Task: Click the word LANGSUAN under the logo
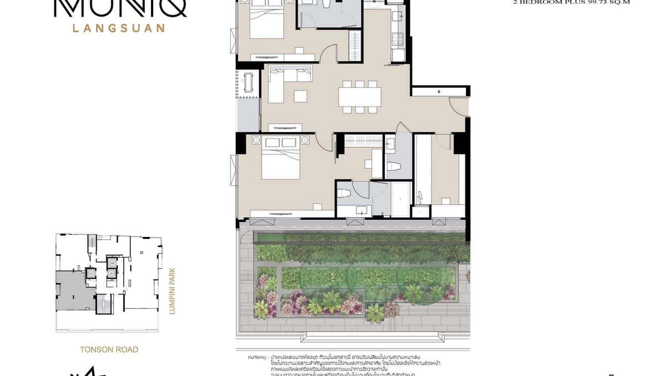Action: click(x=119, y=28)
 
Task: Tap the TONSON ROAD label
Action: click(x=109, y=350)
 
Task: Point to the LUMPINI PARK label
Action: click(x=172, y=291)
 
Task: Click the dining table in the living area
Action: click(x=359, y=96)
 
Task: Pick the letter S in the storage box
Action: click(x=439, y=92)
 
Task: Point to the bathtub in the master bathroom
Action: click(x=401, y=199)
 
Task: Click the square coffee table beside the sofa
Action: click(x=300, y=96)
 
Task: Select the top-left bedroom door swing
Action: click(x=329, y=52)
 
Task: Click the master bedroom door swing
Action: click(x=324, y=142)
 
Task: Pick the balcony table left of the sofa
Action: click(x=248, y=82)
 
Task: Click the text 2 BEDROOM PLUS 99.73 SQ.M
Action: click(x=571, y=2)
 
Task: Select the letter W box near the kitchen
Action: click(x=373, y=2)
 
